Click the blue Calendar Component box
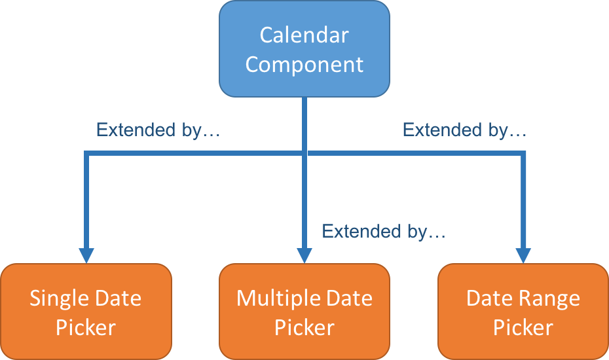click(x=304, y=49)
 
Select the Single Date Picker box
click(x=86, y=312)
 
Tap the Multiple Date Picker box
click(x=304, y=312)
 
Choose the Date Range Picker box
click(x=523, y=312)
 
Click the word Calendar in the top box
click(x=304, y=35)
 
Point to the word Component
click(x=304, y=65)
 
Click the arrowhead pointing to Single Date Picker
click(x=86, y=255)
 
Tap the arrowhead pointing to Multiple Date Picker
click(x=304, y=255)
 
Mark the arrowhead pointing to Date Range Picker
click(x=523, y=255)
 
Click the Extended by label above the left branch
click(x=158, y=130)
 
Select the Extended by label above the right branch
click(x=464, y=130)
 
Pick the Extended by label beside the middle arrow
click(x=384, y=232)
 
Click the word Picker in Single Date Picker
click(x=86, y=328)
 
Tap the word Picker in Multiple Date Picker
click(x=304, y=328)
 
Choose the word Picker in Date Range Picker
click(x=523, y=328)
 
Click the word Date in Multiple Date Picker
click(x=349, y=298)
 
